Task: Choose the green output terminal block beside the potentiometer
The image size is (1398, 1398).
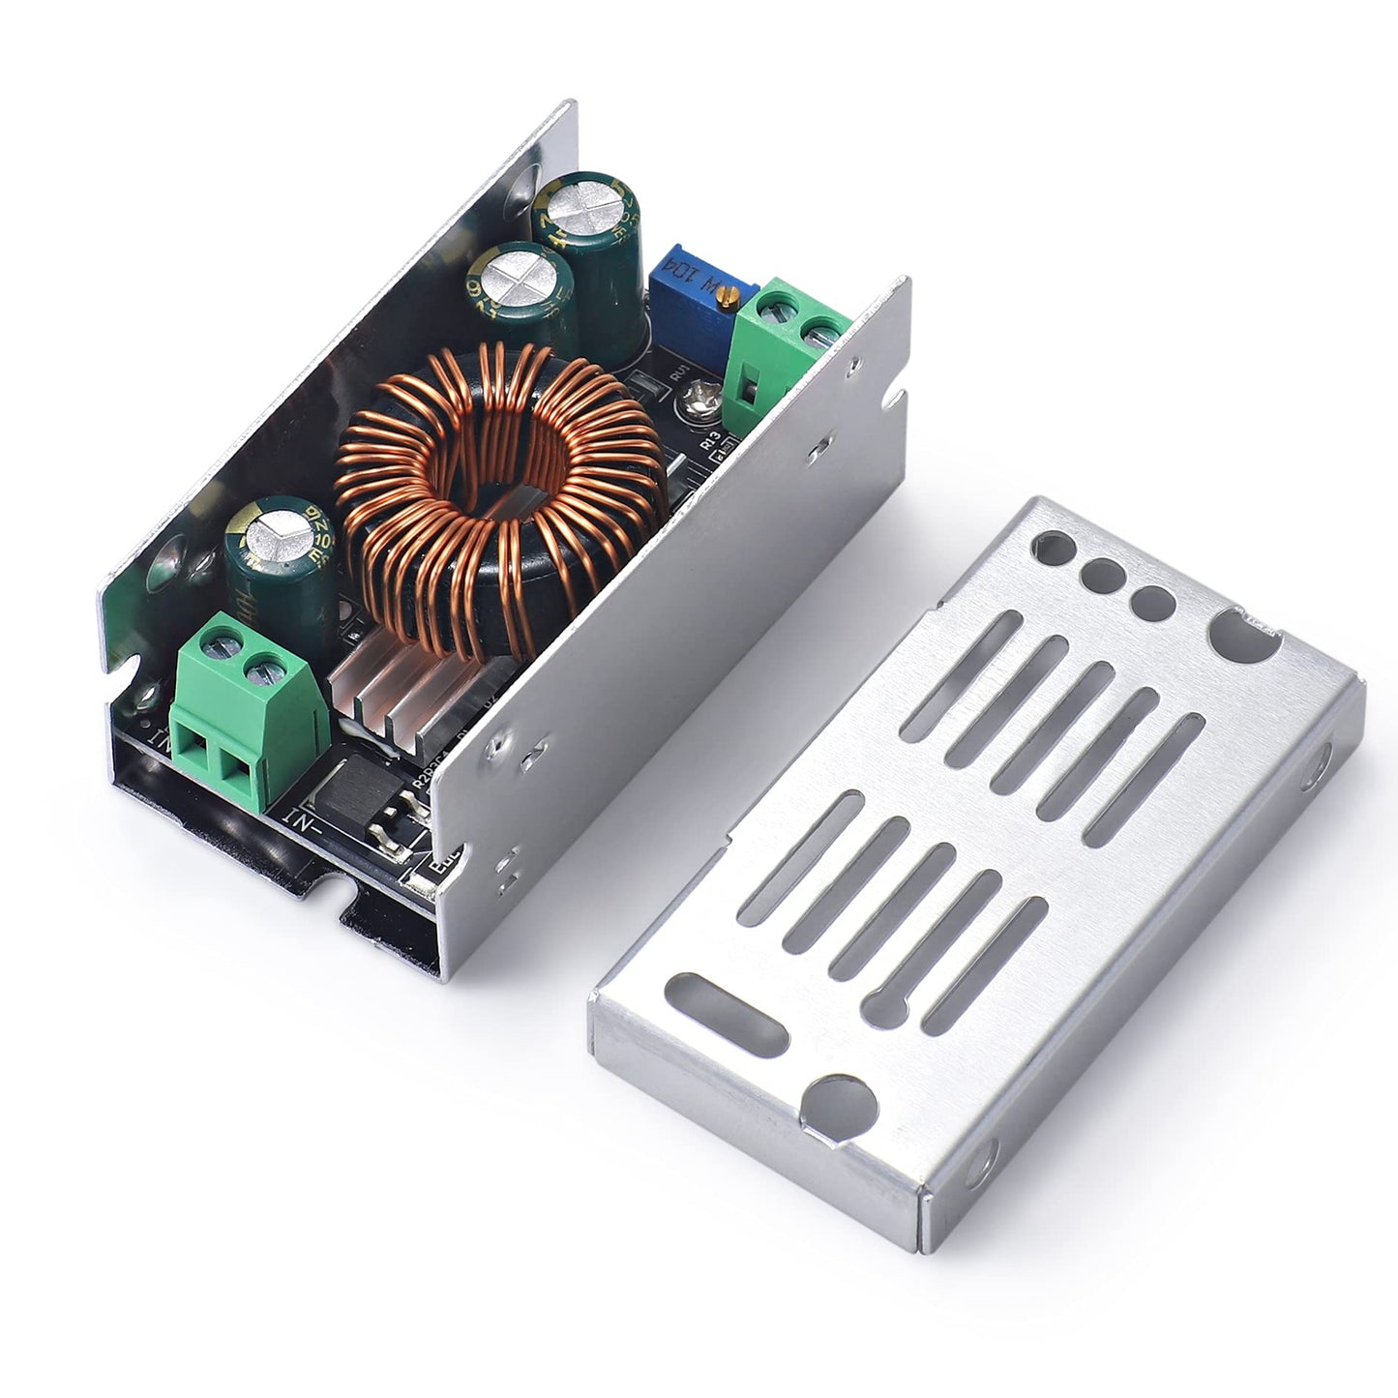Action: (x=788, y=343)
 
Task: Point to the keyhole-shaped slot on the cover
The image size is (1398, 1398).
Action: (x=1243, y=636)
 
